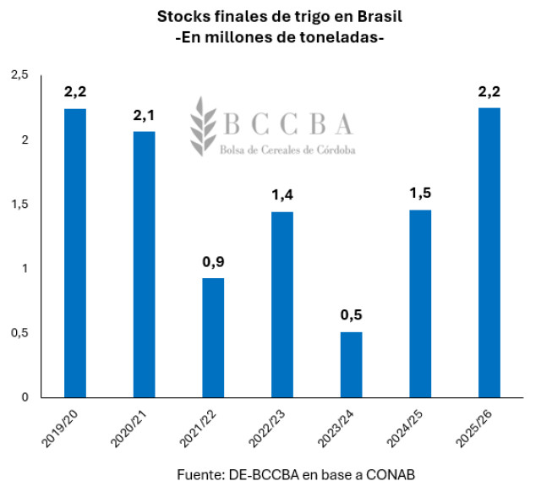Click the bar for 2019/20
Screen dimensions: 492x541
tap(74, 253)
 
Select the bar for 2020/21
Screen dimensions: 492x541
tap(144, 264)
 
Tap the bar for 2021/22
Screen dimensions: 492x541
tap(213, 337)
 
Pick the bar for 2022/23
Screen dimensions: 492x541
tap(281, 304)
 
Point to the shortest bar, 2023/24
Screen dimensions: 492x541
tap(351, 364)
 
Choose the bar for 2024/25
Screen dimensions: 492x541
tap(420, 303)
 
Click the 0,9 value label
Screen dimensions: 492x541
tap(213, 261)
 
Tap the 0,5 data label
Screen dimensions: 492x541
tap(351, 316)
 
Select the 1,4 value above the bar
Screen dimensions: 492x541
tap(281, 195)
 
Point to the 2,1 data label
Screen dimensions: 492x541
tap(144, 115)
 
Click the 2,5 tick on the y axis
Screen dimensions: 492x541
tap(19, 76)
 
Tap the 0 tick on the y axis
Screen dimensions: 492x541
tap(25, 397)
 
